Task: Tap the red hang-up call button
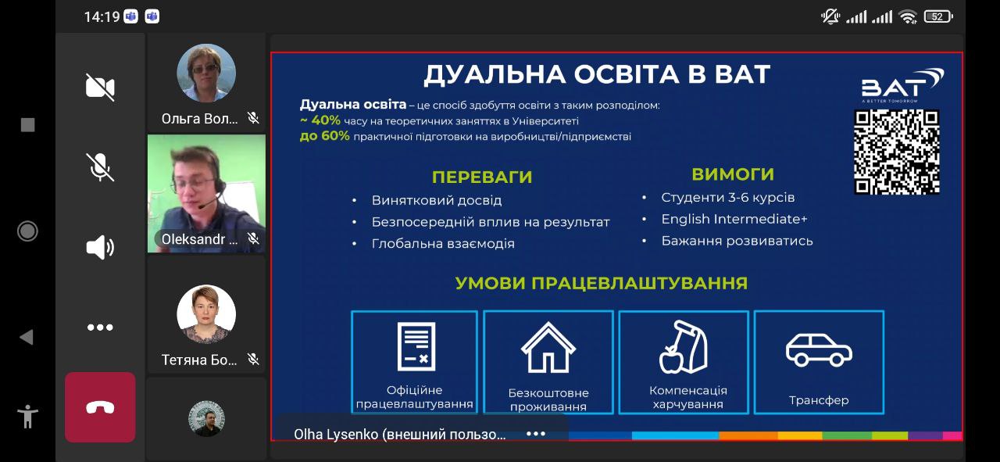[x=100, y=407]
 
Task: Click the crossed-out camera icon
[x=100, y=87]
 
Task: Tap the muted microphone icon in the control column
[x=100, y=167]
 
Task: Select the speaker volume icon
[x=100, y=247]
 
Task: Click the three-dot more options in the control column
[x=100, y=328]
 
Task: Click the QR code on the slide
[x=896, y=152]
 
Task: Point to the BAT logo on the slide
[x=902, y=85]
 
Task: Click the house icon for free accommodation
[x=548, y=347]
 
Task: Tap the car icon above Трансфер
[x=819, y=350]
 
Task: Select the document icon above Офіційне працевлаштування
[x=416, y=346]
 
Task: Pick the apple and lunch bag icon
[x=683, y=347]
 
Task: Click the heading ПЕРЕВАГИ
[x=482, y=177]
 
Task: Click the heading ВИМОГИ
[x=733, y=174]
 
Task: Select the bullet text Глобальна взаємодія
[x=443, y=244]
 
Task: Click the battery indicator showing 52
[x=938, y=17]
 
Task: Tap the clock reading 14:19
[x=102, y=17]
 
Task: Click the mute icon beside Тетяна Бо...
[x=253, y=359]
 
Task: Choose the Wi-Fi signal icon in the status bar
[x=908, y=17]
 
